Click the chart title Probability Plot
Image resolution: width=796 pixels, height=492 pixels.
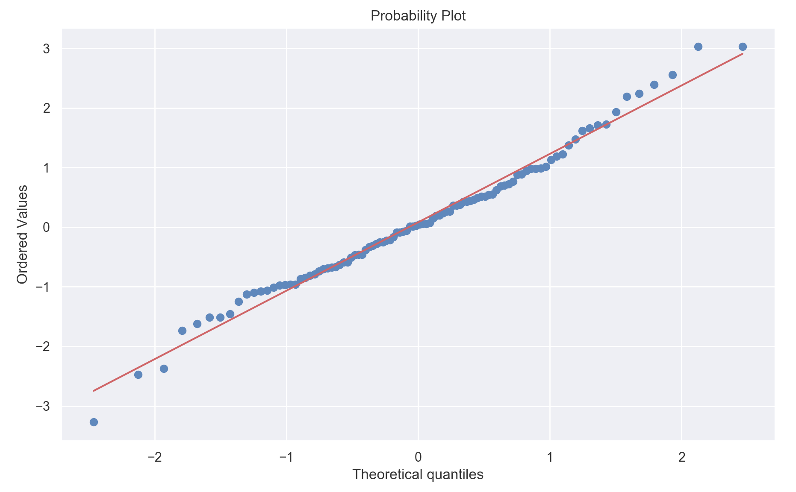coord(418,16)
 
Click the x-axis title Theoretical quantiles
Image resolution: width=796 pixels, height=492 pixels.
coord(418,474)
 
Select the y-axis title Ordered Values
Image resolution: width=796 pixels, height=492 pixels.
coord(22,234)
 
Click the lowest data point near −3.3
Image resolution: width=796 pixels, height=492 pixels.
coord(94,422)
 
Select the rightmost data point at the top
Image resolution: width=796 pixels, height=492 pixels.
coord(743,47)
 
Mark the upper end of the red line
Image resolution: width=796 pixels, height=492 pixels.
coord(743,54)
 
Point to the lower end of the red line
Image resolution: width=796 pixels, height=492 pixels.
coord(94,390)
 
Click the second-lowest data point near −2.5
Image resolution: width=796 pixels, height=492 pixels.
coord(138,375)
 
